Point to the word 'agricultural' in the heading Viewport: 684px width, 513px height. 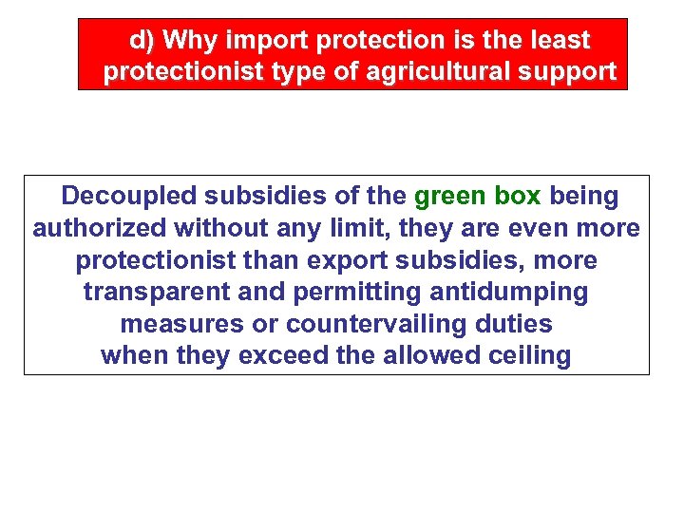[437, 71]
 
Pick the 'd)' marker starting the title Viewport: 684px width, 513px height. [142, 41]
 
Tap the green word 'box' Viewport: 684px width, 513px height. [518, 197]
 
